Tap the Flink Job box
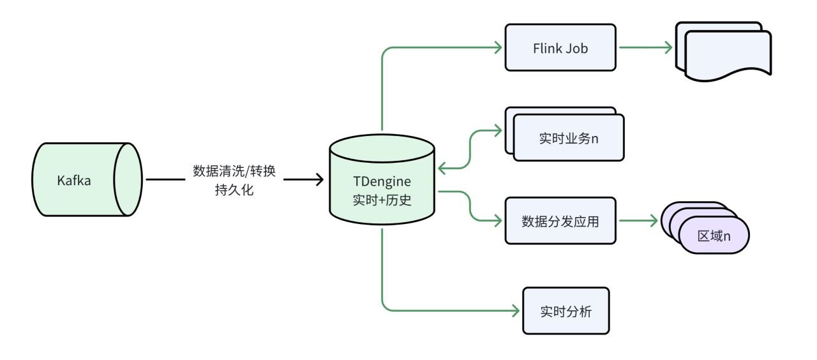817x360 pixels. pyautogui.click(x=560, y=47)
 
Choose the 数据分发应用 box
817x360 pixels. pyautogui.click(x=560, y=221)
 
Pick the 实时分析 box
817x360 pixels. pyautogui.click(x=566, y=311)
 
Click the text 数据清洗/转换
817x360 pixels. pyautogui.click(x=234, y=172)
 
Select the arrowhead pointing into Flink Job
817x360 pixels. pyautogui.click(x=498, y=47)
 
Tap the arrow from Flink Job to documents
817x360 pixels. pyautogui.click(x=645, y=47)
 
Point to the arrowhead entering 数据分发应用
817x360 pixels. pyautogui.click(x=498, y=221)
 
